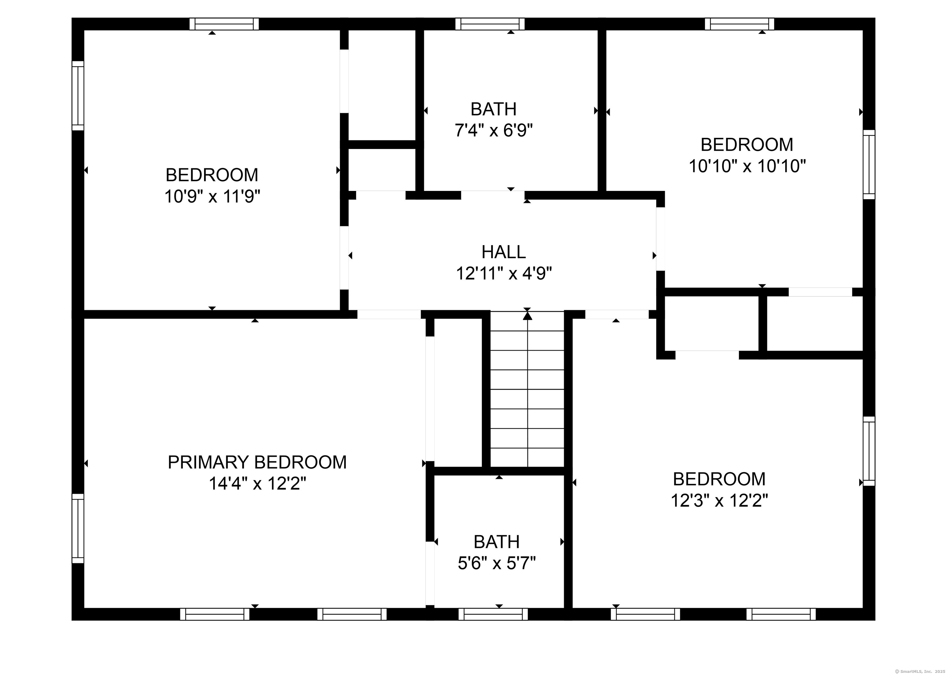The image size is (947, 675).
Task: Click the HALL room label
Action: tap(504, 252)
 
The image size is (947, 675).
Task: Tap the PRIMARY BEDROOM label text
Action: tap(257, 462)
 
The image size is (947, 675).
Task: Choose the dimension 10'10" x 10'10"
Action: tap(747, 166)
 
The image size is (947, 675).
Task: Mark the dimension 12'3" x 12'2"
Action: tap(719, 500)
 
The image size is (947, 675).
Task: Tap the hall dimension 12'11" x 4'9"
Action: tap(504, 274)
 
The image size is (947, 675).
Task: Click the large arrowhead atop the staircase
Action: tap(527, 316)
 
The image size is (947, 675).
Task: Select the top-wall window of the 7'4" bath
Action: tap(490, 24)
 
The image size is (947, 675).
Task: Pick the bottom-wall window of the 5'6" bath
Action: tap(493, 614)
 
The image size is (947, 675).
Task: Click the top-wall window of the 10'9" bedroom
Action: tap(224, 24)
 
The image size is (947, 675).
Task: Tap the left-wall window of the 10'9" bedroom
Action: tap(78, 96)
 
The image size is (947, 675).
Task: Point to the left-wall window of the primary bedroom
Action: tap(78, 528)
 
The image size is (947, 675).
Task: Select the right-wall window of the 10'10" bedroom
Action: tap(869, 165)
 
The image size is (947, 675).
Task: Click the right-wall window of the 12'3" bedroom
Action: tap(869, 451)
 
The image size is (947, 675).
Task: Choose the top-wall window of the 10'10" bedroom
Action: tap(740, 24)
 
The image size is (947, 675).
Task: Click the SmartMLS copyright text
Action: tap(919, 671)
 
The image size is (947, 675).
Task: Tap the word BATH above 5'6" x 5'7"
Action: tap(497, 542)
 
